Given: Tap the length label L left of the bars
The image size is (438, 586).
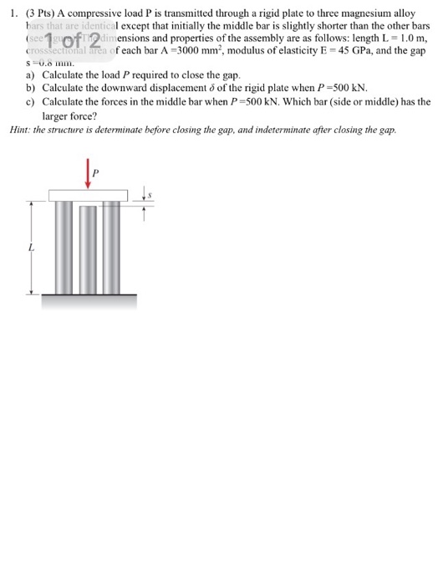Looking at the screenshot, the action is (x=30, y=249).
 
